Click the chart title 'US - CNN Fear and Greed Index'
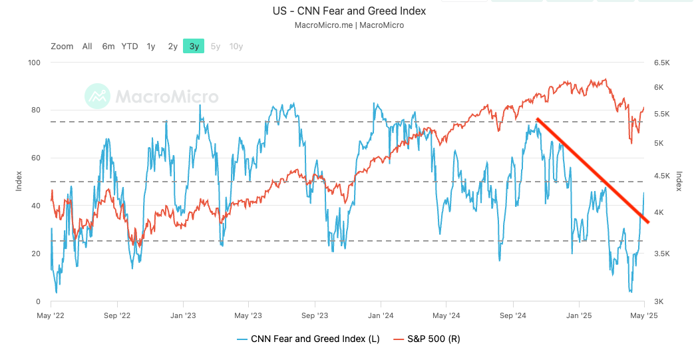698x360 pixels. click(349, 11)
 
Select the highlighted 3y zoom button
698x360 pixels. click(194, 46)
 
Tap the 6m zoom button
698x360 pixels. click(108, 46)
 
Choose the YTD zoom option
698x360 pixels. click(130, 46)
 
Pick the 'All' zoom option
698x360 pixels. click(87, 46)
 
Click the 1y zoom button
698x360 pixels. click(151, 46)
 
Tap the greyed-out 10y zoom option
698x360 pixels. click(236, 46)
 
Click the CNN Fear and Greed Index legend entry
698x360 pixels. click(308, 339)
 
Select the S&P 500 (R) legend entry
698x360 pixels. click(426, 339)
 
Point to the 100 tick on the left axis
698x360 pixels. click(34, 63)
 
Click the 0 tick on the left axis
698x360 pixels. click(39, 302)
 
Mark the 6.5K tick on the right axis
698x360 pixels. click(661, 63)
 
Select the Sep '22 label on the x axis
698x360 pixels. click(116, 315)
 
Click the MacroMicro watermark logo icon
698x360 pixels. click(97, 96)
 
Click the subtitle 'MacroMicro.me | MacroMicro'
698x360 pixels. click(349, 25)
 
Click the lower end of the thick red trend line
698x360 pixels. click(647, 221)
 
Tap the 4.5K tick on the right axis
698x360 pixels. click(661, 176)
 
